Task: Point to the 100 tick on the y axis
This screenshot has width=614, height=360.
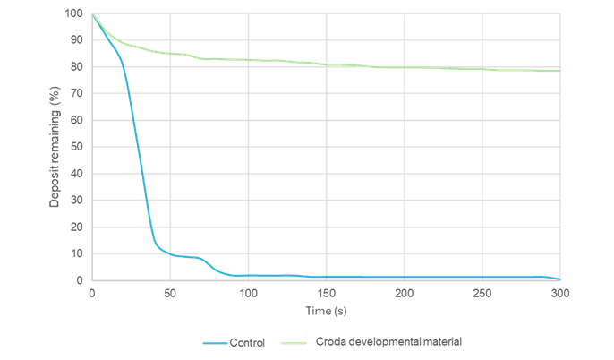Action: click(76, 14)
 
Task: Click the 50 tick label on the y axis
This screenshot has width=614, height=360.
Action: click(79, 147)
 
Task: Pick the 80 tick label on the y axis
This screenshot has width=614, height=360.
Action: click(79, 67)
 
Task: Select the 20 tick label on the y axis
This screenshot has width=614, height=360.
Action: click(79, 227)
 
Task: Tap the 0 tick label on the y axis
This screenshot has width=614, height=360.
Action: click(81, 280)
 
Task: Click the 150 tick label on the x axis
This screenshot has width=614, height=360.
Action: click(326, 293)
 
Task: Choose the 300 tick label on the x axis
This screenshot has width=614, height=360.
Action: click(560, 293)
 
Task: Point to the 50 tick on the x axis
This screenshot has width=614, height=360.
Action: click(170, 293)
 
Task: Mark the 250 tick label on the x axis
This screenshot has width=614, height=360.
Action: click(482, 293)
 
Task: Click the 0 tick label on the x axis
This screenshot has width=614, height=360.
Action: click(92, 293)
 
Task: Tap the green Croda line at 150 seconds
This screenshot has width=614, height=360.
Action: click(326, 64)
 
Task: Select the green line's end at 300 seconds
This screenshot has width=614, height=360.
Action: click(560, 71)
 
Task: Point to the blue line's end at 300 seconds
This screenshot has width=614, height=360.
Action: click(560, 279)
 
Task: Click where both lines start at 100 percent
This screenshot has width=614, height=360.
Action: click(92, 14)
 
